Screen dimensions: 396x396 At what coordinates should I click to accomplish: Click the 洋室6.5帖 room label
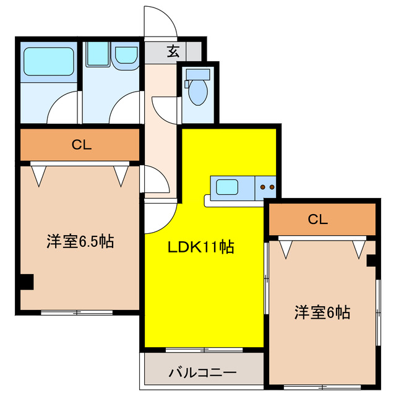(80, 241)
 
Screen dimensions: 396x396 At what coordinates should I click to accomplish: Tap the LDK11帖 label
(201, 247)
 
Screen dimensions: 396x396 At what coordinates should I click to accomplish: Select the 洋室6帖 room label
(322, 312)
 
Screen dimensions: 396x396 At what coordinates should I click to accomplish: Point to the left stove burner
(263, 186)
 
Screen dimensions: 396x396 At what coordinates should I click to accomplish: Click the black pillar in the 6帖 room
(371, 260)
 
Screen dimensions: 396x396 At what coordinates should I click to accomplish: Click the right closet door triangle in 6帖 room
(358, 250)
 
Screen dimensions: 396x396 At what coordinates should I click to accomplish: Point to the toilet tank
(199, 75)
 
